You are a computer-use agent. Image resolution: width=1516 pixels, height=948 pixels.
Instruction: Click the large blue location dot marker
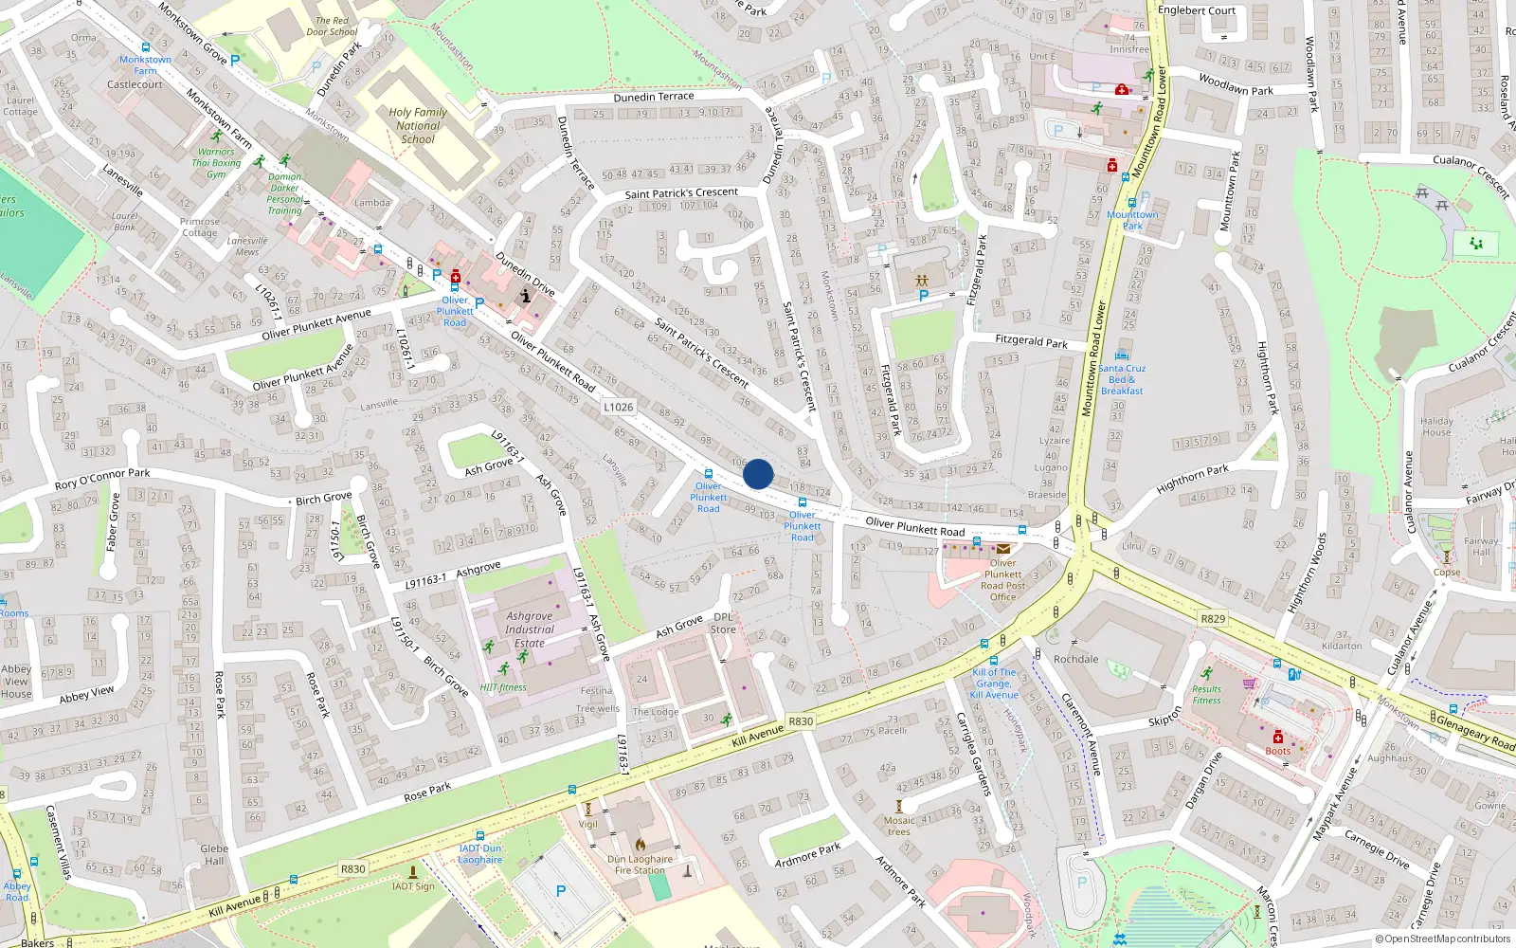(758, 474)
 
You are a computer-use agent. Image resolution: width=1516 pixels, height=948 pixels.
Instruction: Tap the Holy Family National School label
(418, 125)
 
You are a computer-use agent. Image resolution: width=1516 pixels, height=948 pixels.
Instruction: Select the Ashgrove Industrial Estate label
(529, 629)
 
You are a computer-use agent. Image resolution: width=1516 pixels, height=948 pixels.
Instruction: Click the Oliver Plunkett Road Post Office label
(1002, 579)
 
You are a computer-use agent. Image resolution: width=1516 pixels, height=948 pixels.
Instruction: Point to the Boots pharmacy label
(1277, 751)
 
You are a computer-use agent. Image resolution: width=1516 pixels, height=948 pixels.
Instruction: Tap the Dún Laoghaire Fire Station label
(640, 865)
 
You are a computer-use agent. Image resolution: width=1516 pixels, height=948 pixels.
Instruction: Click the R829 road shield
(1213, 619)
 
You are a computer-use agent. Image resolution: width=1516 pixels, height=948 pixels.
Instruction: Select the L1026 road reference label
(618, 407)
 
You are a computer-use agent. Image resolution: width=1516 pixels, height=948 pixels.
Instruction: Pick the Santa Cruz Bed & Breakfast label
(1122, 379)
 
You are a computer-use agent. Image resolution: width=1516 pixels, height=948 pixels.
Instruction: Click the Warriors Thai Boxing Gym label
(216, 163)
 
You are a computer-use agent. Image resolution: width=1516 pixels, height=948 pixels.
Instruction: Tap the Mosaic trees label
(899, 827)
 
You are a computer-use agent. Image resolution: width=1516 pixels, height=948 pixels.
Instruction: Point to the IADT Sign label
(413, 886)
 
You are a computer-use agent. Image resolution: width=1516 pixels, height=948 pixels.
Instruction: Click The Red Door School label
(332, 26)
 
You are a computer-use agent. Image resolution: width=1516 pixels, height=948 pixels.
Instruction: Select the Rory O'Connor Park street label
(102, 479)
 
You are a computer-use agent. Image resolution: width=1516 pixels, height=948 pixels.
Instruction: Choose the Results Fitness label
(1206, 695)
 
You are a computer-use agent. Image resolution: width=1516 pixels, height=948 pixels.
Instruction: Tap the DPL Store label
(723, 623)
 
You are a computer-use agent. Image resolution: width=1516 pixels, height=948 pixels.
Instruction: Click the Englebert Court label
(1197, 10)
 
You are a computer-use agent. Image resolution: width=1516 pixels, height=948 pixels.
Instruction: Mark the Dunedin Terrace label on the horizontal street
(654, 97)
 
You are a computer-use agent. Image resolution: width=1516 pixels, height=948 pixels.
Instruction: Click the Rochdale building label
(1075, 659)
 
